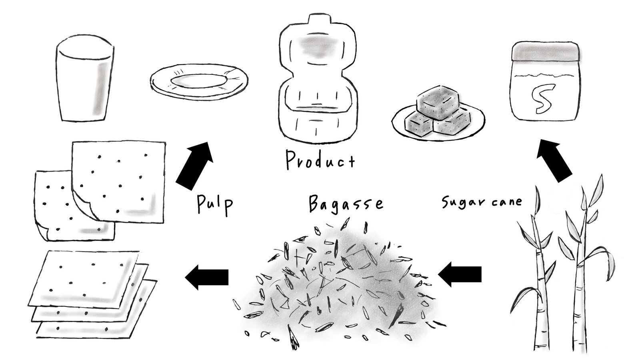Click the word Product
click(x=320, y=160)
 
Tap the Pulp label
click(x=215, y=205)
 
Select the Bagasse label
click(x=346, y=204)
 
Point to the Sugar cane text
click(x=482, y=202)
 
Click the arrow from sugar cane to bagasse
click(x=460, y=274)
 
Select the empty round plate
click(x=199, y=82)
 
